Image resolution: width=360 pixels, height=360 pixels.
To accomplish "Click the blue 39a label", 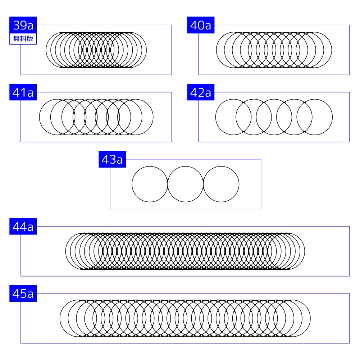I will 23,25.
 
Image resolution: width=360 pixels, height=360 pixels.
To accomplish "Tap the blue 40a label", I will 201,25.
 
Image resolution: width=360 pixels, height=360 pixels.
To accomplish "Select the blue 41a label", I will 23,92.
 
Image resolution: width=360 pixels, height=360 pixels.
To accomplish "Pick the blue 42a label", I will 201,92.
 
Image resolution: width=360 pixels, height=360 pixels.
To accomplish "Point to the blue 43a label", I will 112,160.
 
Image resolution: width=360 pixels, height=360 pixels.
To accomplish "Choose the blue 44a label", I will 23,227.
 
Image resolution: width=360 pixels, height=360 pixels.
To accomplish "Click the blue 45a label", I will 23,294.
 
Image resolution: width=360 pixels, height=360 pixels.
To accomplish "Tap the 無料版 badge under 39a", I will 23,39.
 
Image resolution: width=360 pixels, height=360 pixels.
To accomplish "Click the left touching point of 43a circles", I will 168,184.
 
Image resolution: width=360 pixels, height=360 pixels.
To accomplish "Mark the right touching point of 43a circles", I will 204,184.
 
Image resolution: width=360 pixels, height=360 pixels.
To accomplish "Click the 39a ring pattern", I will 96,50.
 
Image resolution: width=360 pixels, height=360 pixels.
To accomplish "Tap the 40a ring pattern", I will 274,50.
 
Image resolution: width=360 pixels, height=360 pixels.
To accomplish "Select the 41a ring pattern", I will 96,117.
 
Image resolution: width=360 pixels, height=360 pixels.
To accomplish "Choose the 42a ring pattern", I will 274,117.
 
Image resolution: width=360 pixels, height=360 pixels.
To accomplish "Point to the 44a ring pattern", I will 185,251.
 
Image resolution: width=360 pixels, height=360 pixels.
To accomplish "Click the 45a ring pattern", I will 185,318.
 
